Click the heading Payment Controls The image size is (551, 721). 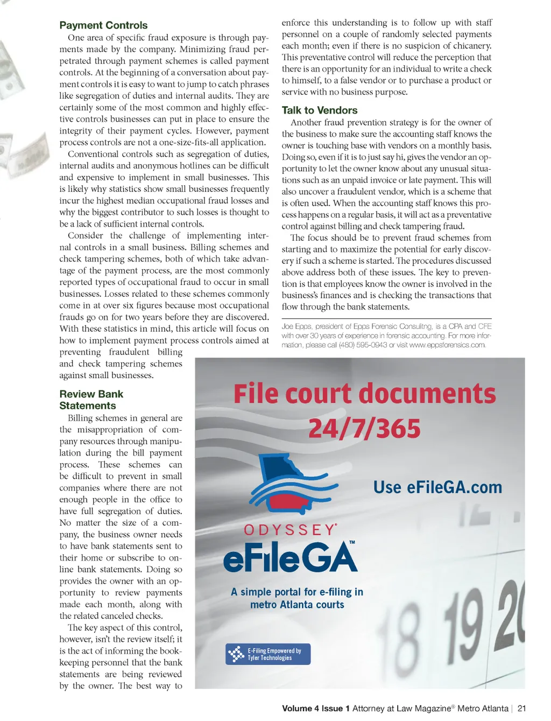[103, 25]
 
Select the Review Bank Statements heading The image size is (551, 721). [91, 400]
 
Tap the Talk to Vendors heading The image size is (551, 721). [320, 110]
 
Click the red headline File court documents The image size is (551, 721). [364, 394]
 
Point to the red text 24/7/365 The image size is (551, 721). [364, 429]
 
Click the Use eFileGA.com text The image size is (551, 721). [437, 487]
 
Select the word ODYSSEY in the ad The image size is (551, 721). [290, 530]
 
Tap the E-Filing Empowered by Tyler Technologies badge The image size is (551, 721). [268, 654]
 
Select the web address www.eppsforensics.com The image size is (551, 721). [447, 345]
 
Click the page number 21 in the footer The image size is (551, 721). [521, 709]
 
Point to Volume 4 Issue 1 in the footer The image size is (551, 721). [316, 709]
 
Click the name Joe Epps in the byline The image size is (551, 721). [295, 326]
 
